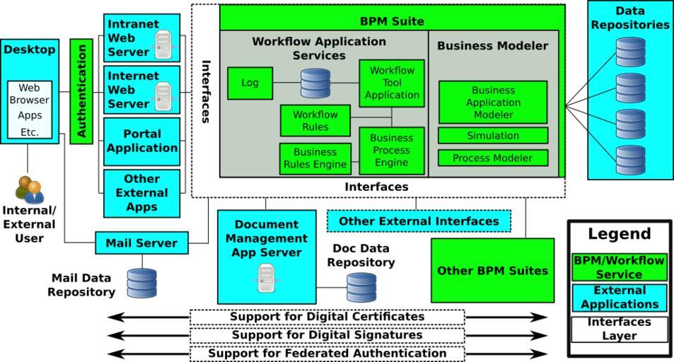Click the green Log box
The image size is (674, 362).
(x=250, y=83)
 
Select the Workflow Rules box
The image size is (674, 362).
(x=315, y=120)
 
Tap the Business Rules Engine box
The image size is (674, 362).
(x=315, y=158)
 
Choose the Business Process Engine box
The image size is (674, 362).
(x=391, y=151)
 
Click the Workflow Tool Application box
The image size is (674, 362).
(x=391, y=83)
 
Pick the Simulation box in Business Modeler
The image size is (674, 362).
(x=492, y=136)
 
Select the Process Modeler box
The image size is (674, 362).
(x=492, y=158)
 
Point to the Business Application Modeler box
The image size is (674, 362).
(x=492, y=102)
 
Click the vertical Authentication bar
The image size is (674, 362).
(x=81, y=91)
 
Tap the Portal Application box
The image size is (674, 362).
(x=141, y=141)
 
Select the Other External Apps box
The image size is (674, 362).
(x=141, y=193)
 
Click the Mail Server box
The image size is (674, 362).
(x=141, y=243)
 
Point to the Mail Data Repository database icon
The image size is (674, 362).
(x=141, y=283)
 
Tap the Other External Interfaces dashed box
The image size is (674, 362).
(x=419, y=221)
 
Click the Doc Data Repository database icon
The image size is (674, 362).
(x=361, y=287)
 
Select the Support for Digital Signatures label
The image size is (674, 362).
(x=327, y=335)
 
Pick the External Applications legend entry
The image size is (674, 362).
(x=619, y=298)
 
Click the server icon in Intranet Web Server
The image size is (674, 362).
(x=163, y=45)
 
